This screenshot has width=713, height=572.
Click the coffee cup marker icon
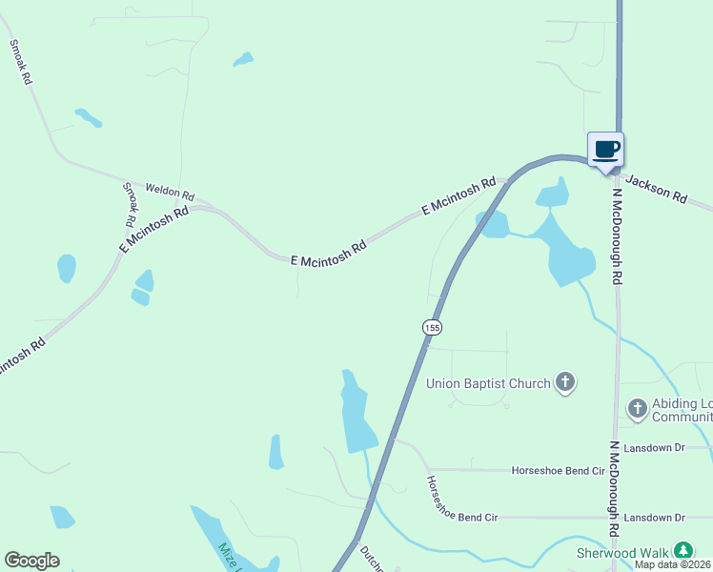click(x=605, y=150)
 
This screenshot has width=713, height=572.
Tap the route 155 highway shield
click(x=432, y=327)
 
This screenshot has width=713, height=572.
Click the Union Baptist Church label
click(x=488, y=384)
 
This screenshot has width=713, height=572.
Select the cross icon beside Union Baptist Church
click(x=565, y=383)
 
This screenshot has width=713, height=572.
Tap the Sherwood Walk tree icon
click(x=683, y=551)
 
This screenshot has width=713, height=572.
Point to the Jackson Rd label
click(x=657, y=188)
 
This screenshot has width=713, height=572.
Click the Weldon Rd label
click(x=170, y=192)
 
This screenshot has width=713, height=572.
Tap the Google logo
click(x=31, y=561)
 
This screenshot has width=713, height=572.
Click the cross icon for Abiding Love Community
click(x=637, y=410)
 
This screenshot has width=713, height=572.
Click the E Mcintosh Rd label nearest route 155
click(x=460, y=195)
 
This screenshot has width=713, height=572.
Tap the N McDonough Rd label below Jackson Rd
click(x=618, y=236)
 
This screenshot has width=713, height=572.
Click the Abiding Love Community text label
click(x=682, y=410)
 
